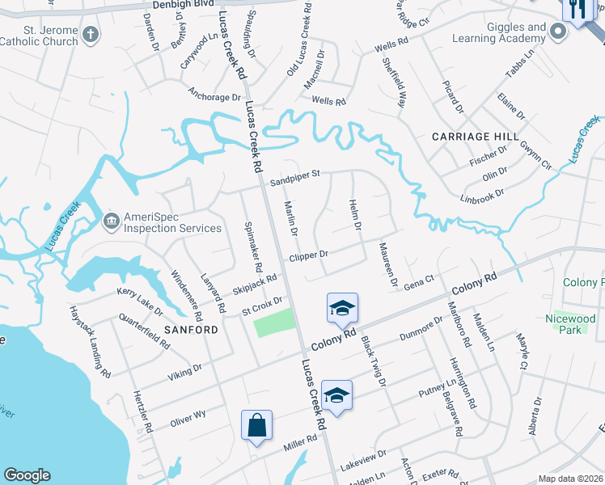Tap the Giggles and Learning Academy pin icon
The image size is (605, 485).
coord(557,32)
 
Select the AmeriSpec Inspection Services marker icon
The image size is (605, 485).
coord(111,219)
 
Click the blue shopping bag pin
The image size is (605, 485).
coord(256,425)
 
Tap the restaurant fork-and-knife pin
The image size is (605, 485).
coord(577,11)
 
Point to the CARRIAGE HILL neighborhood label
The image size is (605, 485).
coord(470,137)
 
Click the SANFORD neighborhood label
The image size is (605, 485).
coord(191,330)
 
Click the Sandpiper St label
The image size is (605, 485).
coord(295,174)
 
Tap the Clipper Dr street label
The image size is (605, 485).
coord(308,255)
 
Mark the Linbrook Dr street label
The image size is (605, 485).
coord(482,194)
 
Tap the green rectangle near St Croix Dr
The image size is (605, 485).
coord(274,325)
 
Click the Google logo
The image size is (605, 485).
coord(27,475)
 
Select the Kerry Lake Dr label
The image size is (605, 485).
coord(140,301)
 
